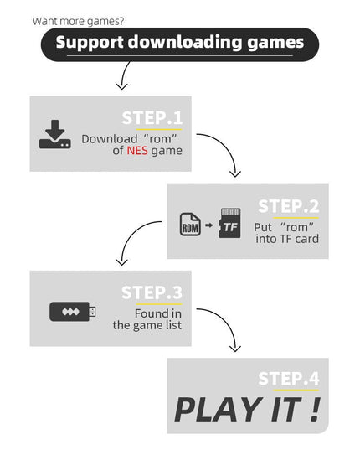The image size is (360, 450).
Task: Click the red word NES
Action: (137, 150)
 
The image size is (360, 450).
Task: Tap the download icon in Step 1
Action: (55, 134)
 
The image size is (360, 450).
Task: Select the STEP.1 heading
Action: (152, 117)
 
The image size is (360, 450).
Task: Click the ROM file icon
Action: (190, 224)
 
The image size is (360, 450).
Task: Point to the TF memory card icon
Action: (229, 223)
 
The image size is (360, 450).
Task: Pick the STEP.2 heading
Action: (288, 206)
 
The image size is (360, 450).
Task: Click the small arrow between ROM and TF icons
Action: (209, 225)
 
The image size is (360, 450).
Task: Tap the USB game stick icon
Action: (73, 312)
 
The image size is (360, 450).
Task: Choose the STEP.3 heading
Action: (152, 292)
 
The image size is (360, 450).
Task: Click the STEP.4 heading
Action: (289, 379)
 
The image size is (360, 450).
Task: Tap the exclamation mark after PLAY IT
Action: (316, 409)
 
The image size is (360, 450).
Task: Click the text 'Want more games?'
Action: (78, 21)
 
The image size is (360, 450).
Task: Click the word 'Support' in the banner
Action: (90, 43)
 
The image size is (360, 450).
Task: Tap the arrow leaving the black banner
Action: (123, 75)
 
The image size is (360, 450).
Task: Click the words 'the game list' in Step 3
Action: (147, 325)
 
